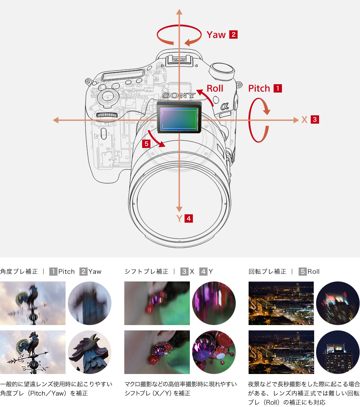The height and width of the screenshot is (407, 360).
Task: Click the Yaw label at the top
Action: click(216, 35)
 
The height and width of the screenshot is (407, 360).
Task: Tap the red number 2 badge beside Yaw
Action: click(233, 35)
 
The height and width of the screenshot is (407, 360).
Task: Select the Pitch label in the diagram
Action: click(259, 89)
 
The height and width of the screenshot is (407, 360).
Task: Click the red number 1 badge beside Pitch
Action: click(278, 89)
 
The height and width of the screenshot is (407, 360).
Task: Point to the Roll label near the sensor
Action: click(215, 89)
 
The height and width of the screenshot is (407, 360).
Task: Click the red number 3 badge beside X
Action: click(315, 120)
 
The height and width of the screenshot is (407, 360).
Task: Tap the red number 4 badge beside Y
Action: click(189, 218)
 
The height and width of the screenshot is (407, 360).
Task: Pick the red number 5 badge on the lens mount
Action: click(146, 144)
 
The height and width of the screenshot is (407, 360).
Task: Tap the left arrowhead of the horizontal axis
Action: click(56, 120)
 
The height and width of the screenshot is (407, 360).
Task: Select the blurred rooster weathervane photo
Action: click(33, 303)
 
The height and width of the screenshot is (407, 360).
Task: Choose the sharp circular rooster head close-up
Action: click(89, 352)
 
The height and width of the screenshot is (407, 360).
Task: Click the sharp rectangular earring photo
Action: click(157, 352)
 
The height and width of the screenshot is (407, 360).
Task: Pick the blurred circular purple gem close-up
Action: click(214, 303)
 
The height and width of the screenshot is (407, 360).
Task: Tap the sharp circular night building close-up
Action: click(338, 352)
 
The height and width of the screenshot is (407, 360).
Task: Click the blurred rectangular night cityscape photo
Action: click(281, 303)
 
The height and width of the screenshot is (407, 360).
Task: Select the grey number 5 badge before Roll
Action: click(302, 272)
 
